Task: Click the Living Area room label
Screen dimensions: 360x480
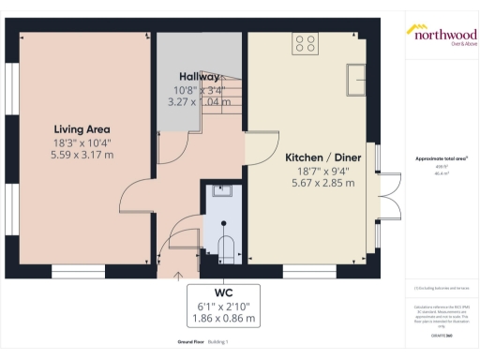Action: pyautogui.click(x=82, y=129)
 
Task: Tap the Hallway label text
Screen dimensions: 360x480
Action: pyautogui.click(x=199, y=77)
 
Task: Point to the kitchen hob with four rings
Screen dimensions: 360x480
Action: pyautogui.click(x=306, y=42)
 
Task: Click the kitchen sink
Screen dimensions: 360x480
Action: pyautogui.click(x=356, y=79)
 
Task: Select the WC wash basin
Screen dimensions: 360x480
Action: pyautogui.click(x=222, y=192)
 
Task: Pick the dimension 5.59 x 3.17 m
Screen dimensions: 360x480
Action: pyautogui.click(x=82, y=154)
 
